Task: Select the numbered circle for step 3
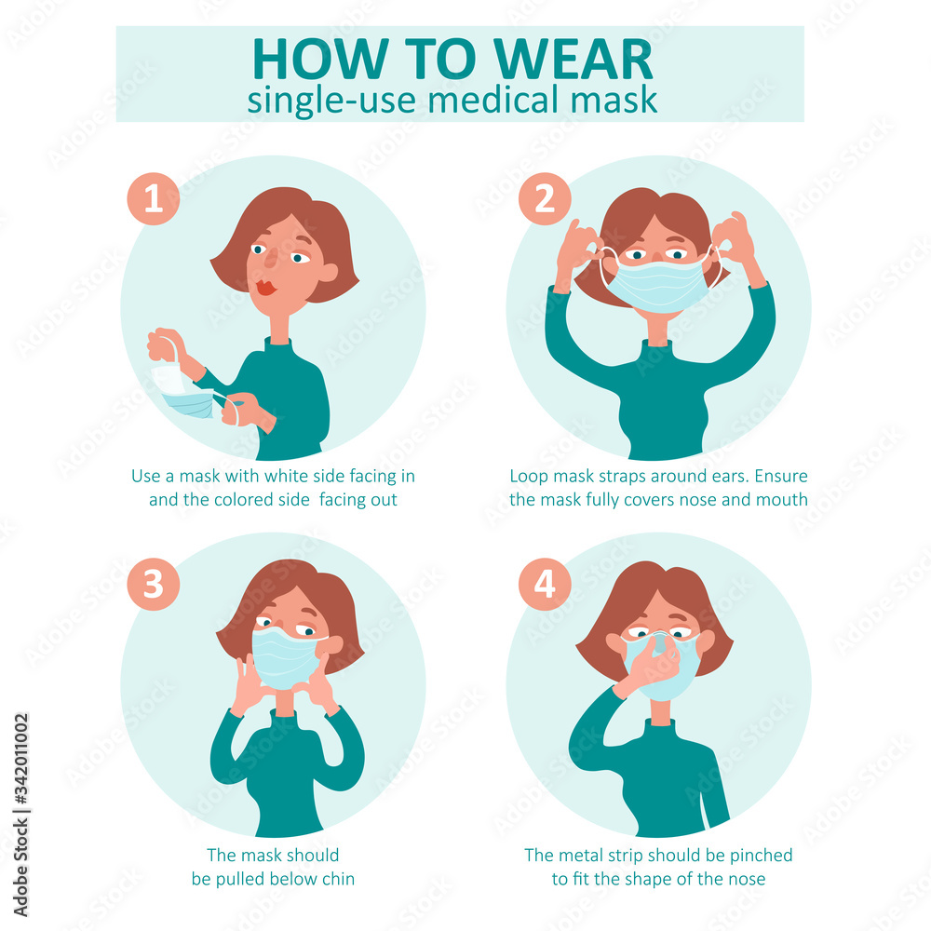(x=154, y=586)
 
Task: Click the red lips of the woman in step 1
(x=266, y=288)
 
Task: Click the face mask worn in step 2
(x=657, y=284)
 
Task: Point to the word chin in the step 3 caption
(x=337, y=878)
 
